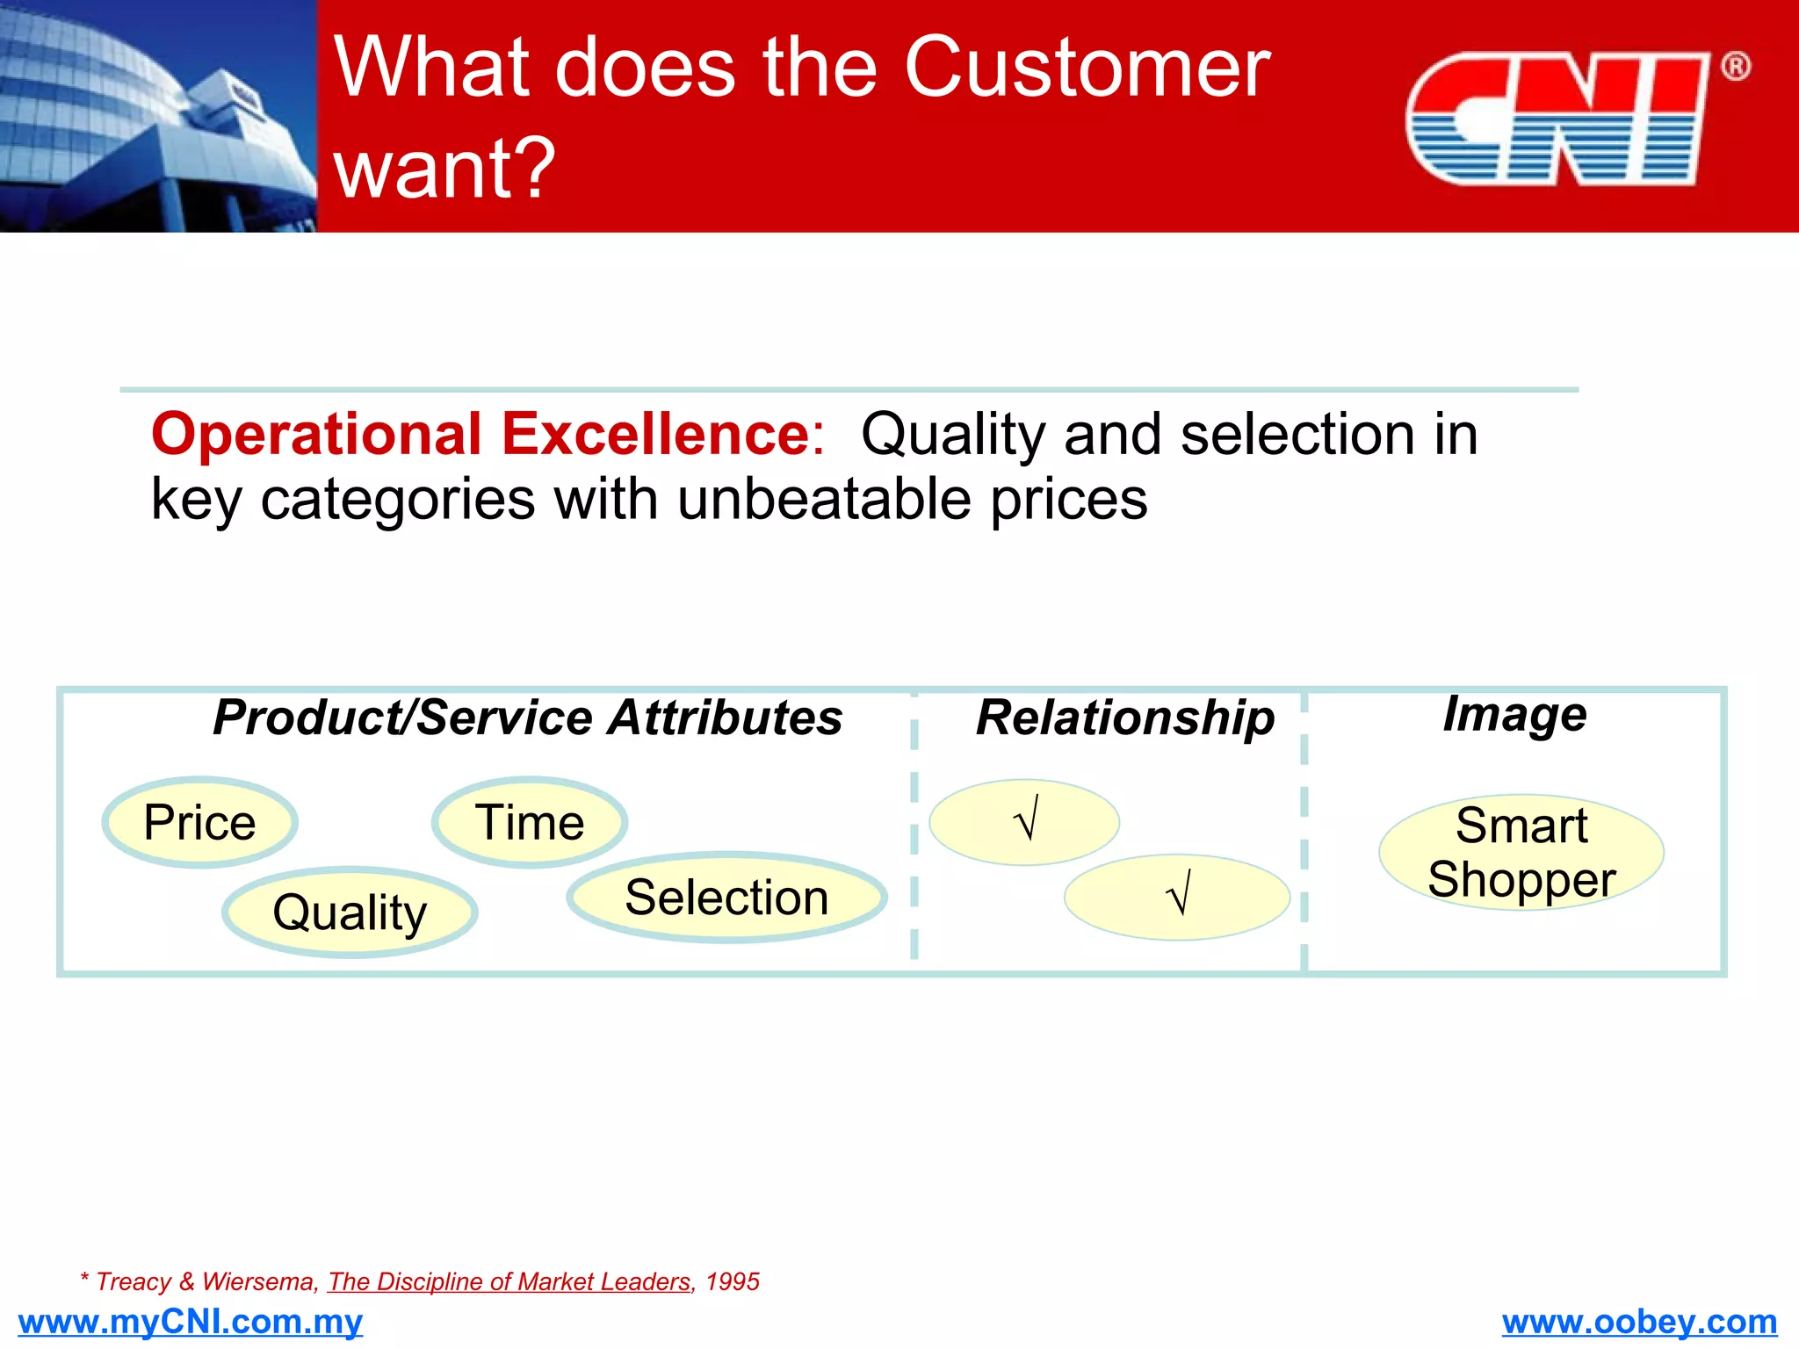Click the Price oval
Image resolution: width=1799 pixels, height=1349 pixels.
(200, 823)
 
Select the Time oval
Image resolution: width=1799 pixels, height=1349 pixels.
(530, 823)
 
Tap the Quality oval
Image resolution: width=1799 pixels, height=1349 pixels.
(350, 912)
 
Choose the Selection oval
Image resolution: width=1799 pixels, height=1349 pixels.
(726, 898)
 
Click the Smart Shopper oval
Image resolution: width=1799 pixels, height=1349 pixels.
(1521, 852)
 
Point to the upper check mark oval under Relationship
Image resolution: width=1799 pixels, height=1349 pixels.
(1024, 822)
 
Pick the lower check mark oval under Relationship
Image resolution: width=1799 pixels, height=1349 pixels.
(1177, 897)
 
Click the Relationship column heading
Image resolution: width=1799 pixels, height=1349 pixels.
(1125, 718)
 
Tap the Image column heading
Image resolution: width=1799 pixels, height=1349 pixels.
(1515, 713)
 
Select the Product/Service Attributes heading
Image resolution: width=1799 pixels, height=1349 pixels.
(527, 718)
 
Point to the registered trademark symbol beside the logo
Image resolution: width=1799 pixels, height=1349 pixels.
(1735, 67)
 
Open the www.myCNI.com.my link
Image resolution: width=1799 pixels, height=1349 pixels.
(190, 1322)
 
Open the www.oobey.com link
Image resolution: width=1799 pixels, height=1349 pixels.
(1639, 1322)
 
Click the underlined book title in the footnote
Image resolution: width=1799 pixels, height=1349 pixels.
(509, 1282)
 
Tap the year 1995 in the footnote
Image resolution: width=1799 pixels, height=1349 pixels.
(733, 1282)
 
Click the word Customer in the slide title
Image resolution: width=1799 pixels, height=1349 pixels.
(1087, 68)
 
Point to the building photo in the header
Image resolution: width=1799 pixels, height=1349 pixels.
(158, 116)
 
